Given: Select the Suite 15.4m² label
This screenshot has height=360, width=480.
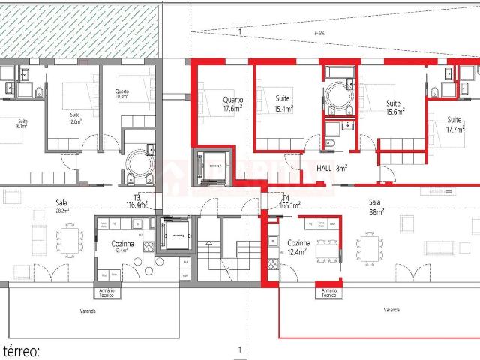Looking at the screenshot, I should tap(283, 103).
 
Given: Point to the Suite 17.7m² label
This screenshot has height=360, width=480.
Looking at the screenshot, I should tap(454, 124).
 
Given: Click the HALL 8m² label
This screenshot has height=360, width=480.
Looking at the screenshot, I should tap(330, 169).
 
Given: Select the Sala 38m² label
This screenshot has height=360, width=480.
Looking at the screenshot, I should tap(375, 206).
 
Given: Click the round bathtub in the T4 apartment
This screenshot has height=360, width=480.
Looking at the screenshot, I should tap(342, 96).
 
